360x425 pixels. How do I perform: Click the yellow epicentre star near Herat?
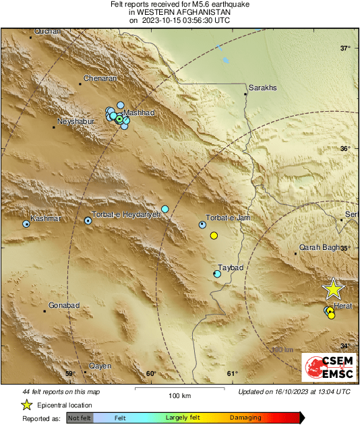pyautogui.click(x=333, y=289)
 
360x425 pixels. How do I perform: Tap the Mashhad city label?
pyautogui.click(x=140, y=112)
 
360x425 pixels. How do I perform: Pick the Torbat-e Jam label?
pyautogui.click(x=228, y=218)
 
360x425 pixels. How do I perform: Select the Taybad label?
pyautogui.click(x=231, y=267)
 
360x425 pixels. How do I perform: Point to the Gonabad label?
pyautogui.click(x=64, y=305)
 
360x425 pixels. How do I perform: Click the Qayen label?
pyautogui.click(x=100, y=366)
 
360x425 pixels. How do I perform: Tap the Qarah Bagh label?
pyautogui.click(x=320, y=247)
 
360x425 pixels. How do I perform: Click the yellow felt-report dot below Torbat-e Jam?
pyautogui.click(x=214, y=236)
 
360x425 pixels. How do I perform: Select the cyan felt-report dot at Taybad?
pyautogui.click(x=217, y=274)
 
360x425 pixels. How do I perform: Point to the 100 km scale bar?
pyautogui.click(x=177, y=389)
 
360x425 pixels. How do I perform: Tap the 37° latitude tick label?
pyautogui.click(x=345, y=48)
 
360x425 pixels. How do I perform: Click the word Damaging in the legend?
pyautogui.click(x=246, y=418)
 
